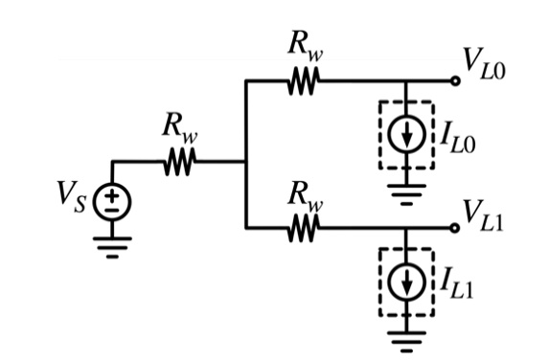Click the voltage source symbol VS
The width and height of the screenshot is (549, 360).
pos(112,198)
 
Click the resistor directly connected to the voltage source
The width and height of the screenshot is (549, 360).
pos(179,164)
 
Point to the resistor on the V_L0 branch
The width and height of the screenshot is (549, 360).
pos(304,82)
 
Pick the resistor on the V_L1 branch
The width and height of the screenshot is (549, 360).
pos(304,228)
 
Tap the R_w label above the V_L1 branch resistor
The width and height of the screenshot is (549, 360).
pos(305,196)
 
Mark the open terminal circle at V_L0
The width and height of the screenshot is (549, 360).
pos(455,82)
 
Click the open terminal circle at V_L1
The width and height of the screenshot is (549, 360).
pos(455,228)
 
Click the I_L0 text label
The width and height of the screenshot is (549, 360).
pos(458,137)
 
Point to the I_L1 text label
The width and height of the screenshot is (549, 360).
pos(458,283)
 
